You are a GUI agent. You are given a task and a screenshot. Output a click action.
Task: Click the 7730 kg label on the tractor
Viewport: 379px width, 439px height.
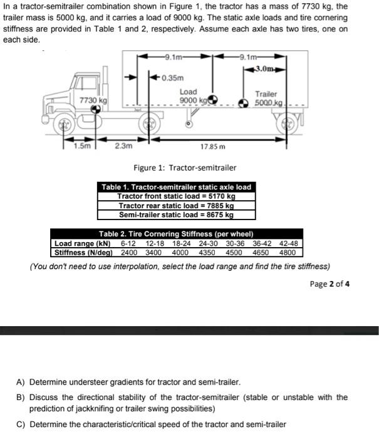click(93, 100)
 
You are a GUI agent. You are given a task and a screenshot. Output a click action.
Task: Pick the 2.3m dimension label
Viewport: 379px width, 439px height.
click(124, 146)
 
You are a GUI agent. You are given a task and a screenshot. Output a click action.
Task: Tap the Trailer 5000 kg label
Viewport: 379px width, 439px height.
click(266, 98)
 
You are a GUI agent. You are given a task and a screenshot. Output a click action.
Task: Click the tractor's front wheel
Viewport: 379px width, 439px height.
click(64, 124)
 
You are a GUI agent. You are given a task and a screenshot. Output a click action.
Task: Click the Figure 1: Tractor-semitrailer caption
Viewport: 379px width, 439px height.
click(185, 167)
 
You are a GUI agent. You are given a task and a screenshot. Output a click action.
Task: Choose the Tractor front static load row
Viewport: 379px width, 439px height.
click(176, 196)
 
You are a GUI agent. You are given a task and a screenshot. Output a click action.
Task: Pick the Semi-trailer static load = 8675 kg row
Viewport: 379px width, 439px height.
click(176, 214)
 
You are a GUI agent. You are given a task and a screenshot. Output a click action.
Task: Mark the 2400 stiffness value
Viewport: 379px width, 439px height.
click(128, 253)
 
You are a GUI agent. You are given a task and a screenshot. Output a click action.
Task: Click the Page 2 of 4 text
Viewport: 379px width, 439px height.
click(330, 283)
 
